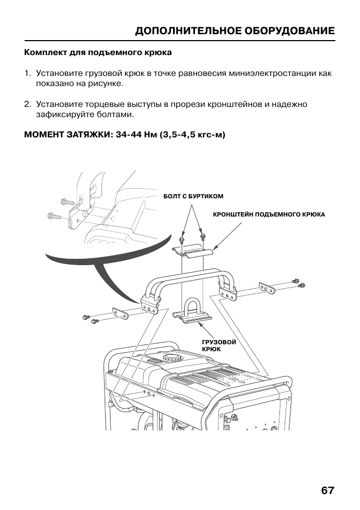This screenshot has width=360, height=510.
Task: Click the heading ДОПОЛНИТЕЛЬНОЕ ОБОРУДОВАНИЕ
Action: point(235,31)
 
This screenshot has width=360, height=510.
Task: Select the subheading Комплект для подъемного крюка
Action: point(98,53)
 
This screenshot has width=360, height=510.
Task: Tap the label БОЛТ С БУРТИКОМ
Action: point(193,197)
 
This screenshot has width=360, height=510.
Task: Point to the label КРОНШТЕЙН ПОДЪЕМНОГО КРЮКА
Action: point(269,214)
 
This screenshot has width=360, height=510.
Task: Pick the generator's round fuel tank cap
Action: point(172,357)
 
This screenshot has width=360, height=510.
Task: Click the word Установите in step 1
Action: point(58,73)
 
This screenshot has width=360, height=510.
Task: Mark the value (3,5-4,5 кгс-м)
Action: point(189,135)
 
